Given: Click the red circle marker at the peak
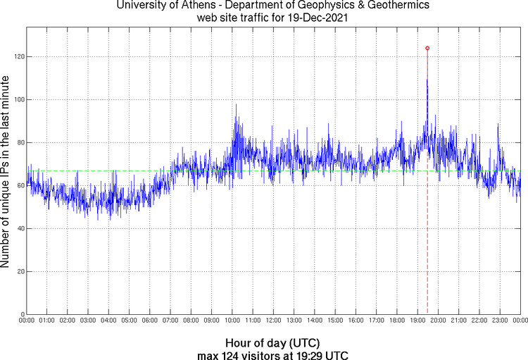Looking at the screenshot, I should click(427, 48).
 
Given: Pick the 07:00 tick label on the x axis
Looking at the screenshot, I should click(170, 321).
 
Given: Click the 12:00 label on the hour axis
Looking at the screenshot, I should click(273, 321).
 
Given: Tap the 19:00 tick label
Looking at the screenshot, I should click(417, 321).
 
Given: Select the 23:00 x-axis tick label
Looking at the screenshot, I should click(499, 321).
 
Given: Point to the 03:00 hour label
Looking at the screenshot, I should click(88, 321).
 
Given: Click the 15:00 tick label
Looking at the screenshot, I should click(334, 321).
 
